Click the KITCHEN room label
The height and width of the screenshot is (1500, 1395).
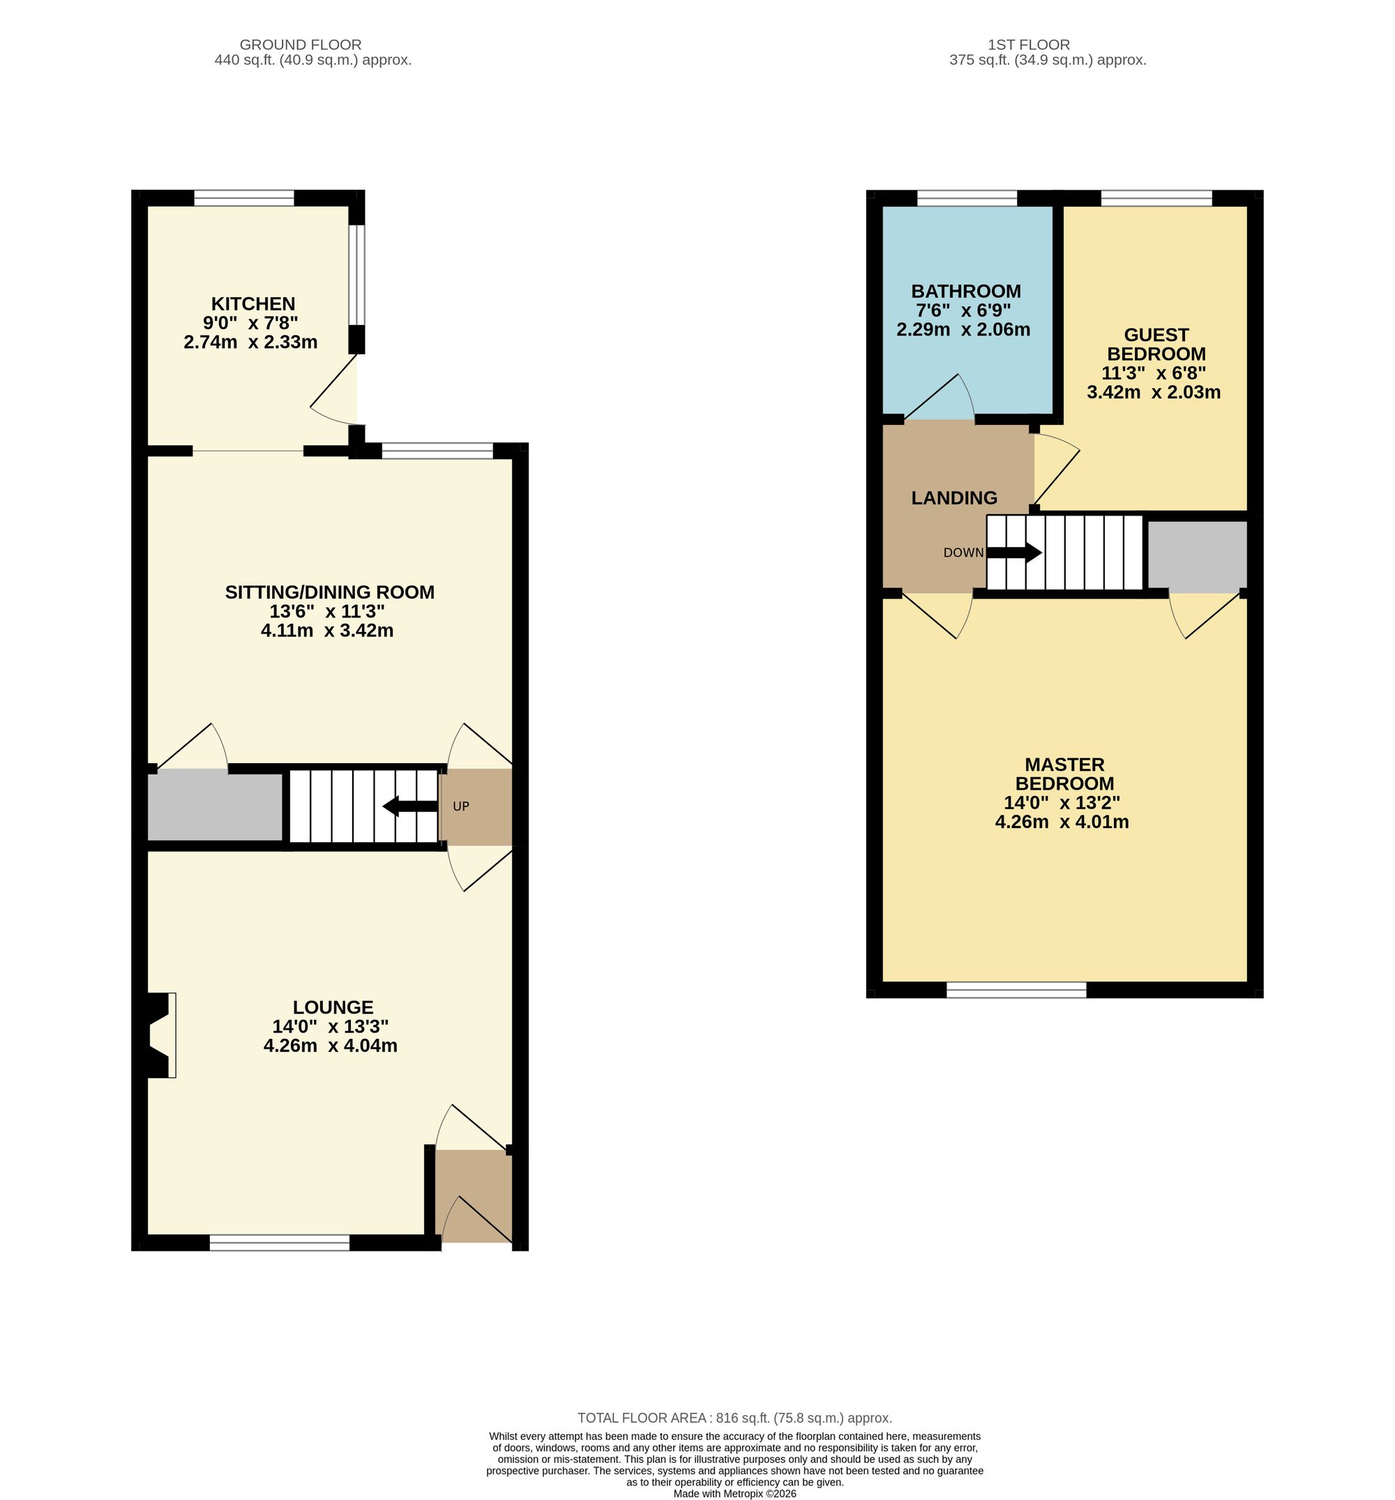click(x=252, y=304)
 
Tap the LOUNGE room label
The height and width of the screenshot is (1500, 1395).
click(x=333, y=1007)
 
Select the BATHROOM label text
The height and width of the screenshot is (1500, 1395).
click(x=966, y=291)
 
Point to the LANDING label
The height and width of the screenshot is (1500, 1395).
click(x=953, y=498)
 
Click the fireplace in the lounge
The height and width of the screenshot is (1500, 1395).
click(x=159, y=1035)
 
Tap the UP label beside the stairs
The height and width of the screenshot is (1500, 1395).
click(x=460, y=807)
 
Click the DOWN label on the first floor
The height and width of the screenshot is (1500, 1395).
click(x=963, y=553)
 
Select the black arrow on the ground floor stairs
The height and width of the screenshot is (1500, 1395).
click(x=409, y=807)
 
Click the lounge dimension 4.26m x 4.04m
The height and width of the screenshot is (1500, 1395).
click(x=331, y=1046)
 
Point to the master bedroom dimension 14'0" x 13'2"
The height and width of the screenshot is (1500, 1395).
click(x=1062, y=803)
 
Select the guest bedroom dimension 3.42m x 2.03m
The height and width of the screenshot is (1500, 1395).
click(x=1154, y=392)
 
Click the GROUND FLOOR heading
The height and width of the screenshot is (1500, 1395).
click(x=301, y=45)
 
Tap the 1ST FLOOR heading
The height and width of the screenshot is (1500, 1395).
click(x=1028, y=45)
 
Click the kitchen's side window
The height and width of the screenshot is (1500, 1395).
click(x=357, y=275)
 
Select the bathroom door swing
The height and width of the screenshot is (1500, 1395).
click(x=940, y=397)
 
